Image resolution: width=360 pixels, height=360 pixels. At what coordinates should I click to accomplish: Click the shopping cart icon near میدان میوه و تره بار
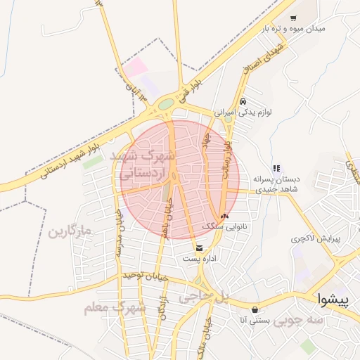pos(293,18)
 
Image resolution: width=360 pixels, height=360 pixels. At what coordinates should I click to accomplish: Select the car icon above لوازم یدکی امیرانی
pos(243,101)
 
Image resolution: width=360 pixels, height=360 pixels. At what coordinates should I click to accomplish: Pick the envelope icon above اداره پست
pos(200,247)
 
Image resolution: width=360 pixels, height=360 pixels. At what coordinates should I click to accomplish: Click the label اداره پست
pos(199,259)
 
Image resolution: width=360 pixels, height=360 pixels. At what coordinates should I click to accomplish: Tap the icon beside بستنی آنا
pos(254,309)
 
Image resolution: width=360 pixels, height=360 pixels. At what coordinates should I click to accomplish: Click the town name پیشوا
pos(335,298)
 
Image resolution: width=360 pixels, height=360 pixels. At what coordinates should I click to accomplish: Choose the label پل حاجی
pos(204,297)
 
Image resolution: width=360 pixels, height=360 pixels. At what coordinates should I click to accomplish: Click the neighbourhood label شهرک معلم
pos(114,308)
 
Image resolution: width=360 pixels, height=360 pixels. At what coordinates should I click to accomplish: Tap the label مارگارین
pos(70,231)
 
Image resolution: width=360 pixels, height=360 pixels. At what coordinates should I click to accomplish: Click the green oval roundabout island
pos(166,105)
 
